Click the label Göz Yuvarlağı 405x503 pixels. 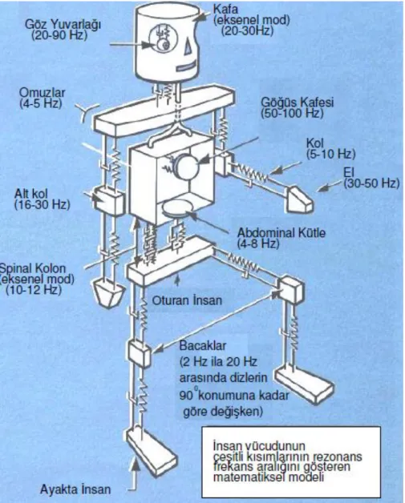coord(63,25)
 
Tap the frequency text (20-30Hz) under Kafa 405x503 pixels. coord(247,30)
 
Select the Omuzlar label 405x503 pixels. coord(42,93)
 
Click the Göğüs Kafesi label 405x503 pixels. coord(297,103)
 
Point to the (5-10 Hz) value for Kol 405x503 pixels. coord(330,154)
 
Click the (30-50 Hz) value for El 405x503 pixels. coord(371,183)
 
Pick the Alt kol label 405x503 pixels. coord(30,194)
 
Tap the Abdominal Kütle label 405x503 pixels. coord(281,232)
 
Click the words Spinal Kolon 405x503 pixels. coord(32,268)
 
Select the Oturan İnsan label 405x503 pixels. coord(187,300)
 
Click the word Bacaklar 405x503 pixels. coord(203,346)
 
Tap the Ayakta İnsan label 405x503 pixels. coord(75,489)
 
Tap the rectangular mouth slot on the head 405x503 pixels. coord(184,67)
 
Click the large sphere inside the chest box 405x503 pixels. coord(187,165)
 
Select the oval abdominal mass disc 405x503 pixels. coord(177,208)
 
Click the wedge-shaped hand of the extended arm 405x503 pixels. coord(299,199)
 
